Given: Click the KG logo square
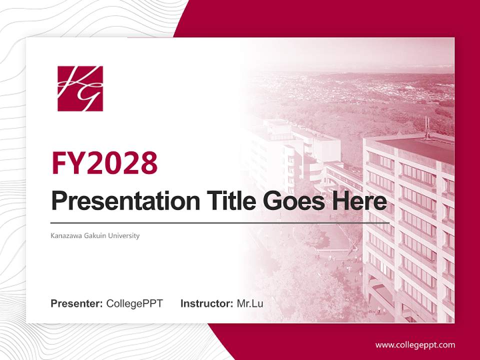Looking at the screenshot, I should click(x=80, y=88).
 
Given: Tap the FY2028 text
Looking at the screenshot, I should click(x=104, y=163).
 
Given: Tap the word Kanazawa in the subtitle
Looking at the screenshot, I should click(x=65, y=235).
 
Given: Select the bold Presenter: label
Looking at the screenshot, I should click(x=77, y=303).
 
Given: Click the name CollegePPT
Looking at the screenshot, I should click(x=134, y=303).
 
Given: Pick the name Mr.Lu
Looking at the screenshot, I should click(x=249, y=303).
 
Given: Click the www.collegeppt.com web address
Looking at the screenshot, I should click(x=415, y=345).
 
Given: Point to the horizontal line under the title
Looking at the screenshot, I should click(x=220, y=222).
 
